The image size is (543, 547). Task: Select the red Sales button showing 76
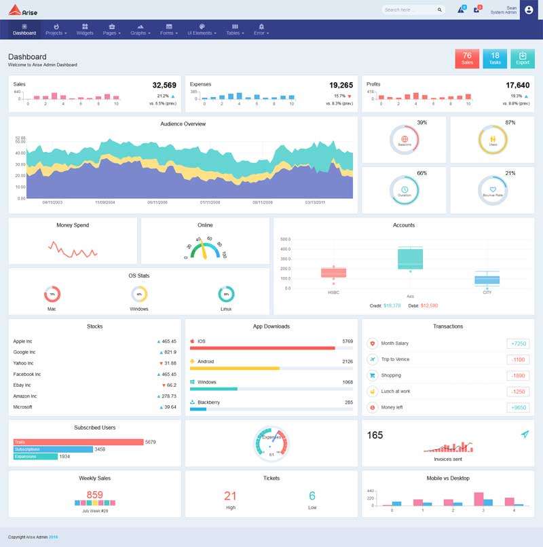tap(467, 58)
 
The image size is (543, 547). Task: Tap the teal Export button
tap(522, 58)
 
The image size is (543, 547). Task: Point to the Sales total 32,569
tap(164, 86)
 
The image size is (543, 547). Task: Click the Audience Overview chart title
tap(183, 124)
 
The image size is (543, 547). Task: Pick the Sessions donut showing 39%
tap(405, 140)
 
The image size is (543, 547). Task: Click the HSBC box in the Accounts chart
tap(333, 272)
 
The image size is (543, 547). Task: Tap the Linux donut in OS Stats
tap(226, 294)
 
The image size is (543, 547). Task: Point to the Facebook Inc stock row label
tap(27, 374)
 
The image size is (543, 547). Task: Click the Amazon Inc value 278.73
tap(169, 396)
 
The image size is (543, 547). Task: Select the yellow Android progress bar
tap(235, 369)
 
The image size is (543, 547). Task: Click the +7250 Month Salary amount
tap(518, 343)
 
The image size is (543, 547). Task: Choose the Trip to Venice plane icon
tap(372, 359)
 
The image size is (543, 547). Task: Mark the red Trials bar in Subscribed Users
tap(78, 442)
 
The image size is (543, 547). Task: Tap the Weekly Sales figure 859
tap(95, 495)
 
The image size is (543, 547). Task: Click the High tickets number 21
tap(230, 496)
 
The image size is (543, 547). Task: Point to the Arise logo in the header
tap(24, 10)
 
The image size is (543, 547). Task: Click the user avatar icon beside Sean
tap(529, 10)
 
